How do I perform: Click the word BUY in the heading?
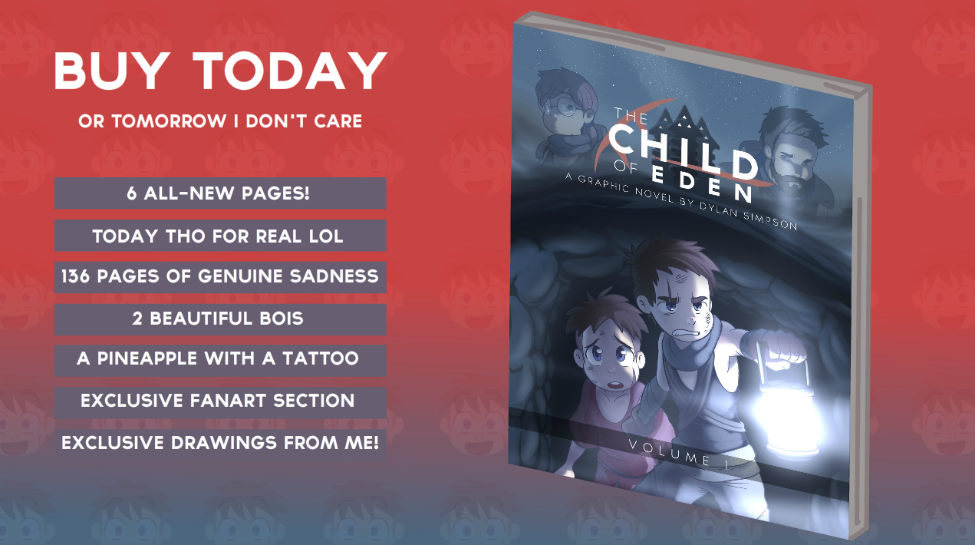tap(111, 71)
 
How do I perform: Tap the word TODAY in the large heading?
tap(289, 71)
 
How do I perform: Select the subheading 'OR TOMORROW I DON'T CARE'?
tap(220, 121)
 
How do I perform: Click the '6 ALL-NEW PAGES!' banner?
tap(220, 193)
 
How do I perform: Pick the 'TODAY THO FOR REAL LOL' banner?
tap(220, 235)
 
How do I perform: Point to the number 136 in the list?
tap(75, 276)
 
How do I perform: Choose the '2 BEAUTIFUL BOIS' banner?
tap(220, 319)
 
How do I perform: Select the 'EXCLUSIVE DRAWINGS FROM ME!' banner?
tap(220, 444)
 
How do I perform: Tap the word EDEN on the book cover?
tap(702, 184)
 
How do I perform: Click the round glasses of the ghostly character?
tap(559, 106)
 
